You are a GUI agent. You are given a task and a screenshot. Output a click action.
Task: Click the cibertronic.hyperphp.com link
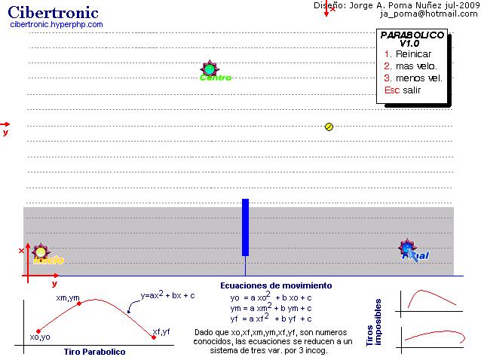57,24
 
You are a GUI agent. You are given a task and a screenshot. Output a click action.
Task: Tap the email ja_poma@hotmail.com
429,14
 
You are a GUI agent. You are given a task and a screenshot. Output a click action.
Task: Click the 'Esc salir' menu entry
403,90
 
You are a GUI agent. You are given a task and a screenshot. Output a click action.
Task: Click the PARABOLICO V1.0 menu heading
412,39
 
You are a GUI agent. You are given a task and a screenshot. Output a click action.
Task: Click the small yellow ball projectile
329,127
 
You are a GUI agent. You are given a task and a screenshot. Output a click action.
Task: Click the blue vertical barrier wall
245,227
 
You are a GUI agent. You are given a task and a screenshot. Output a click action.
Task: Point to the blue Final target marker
409,249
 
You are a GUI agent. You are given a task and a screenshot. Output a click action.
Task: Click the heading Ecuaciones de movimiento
275,286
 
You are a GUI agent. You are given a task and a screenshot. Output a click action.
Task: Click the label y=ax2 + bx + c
167,296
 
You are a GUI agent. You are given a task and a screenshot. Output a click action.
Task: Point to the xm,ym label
68,298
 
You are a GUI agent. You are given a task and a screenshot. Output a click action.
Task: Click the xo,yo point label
40,337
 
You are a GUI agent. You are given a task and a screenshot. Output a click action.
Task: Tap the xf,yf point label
161,332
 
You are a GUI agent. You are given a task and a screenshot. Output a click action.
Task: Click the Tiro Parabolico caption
94,352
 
